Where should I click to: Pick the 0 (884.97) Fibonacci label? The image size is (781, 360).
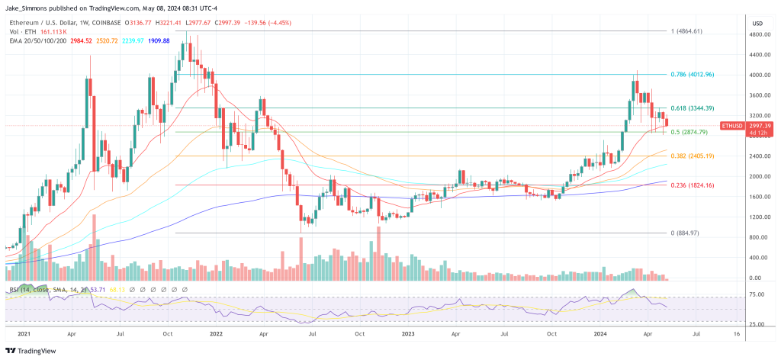tap(684, 233)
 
